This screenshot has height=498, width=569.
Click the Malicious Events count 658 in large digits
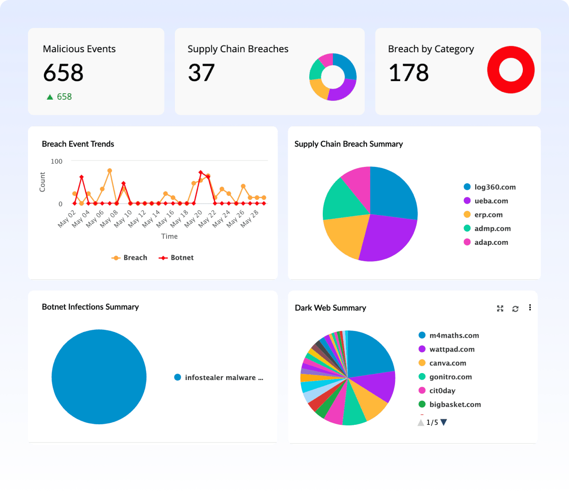coord(63,73)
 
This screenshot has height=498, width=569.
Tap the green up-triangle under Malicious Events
coord(50,97)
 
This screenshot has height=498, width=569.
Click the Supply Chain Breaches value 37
coord(201,73)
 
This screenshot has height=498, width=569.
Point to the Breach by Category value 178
coord(409,73)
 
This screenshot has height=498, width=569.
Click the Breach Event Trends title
coord(78,144)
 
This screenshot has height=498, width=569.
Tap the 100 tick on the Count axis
coord(56,161)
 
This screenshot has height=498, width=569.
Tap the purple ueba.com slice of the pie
coord(389,237)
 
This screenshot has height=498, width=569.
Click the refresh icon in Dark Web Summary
coord(515,309)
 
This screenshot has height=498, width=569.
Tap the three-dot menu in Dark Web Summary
coord(530,308)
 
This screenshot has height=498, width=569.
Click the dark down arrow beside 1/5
coord(444,422)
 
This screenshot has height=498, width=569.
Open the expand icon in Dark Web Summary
coord(500,309)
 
